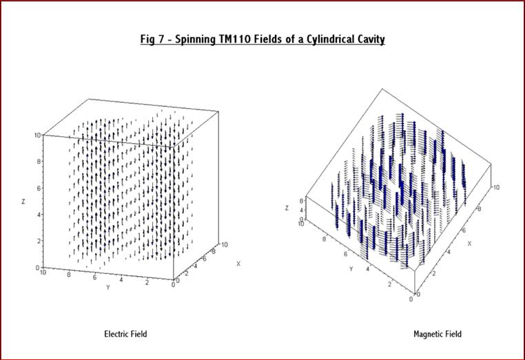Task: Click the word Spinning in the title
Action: [196, 39]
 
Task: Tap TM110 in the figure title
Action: [234, 39]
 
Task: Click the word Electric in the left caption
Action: [115, 334]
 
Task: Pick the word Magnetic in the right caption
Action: [428, 334]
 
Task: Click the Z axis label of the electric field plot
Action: [23, 202]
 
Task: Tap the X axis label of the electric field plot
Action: [238, 264]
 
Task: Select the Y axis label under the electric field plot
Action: [107, 287]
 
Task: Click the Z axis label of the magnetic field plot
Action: [287, 208]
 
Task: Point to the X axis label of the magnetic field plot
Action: [469, 243]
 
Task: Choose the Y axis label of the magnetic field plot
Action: [351, 268]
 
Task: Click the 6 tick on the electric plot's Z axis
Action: [39, 188]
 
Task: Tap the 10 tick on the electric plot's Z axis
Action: [37, 135]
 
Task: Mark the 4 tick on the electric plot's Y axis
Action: [121, 279]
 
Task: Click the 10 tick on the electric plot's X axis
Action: [225, 244]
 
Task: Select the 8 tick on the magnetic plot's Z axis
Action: [301, 201]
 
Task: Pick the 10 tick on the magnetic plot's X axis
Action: [496, 187]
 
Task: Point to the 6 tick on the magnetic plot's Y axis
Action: [346, 254]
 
